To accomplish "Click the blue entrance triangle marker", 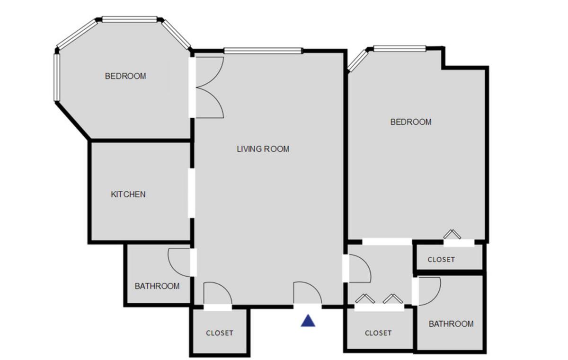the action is [308, 321].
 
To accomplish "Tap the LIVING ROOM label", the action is [263, 149].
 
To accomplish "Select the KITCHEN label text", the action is [128, 194].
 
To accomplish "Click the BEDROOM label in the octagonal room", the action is [125, 76].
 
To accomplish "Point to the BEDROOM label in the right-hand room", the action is [411, 122].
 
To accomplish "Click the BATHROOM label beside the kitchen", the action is [157, 286].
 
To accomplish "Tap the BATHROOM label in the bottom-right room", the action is [451, 324].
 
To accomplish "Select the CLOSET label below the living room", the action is [220, 333].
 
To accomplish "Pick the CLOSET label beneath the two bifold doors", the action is [378, 333].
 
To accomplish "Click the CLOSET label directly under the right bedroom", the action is [441, 259].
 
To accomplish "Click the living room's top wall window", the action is [263, 51].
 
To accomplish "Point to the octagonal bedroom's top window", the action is [130, 19].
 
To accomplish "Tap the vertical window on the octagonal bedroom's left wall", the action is [57, 78].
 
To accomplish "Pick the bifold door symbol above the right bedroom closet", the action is [452, 234].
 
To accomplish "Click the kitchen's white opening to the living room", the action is [191, 193].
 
